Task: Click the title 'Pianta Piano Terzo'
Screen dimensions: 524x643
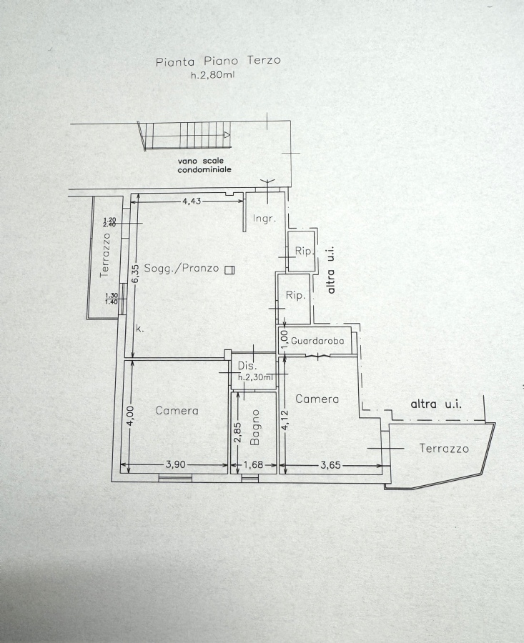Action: pyautogui.click(x=218, y=61)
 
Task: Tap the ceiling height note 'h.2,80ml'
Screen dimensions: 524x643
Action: pyautogui.click(x=212, y=75)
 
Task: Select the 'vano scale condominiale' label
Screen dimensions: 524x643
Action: pyautogui.click(x=204, y=165)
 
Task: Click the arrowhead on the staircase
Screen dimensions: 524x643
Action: pyautogui.click(x=227, y=135)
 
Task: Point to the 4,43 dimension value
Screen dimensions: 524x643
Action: pyautogui.click(x=192, y=201)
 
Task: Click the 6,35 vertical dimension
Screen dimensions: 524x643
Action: pyautogui.click(x=137, y=273)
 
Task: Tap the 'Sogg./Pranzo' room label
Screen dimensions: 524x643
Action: pyautogui.click(x=182, y=269)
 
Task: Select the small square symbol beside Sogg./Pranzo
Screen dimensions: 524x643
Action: pyautogui.click(x=229, y=269)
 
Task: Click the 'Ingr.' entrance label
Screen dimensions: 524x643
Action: pyautogui.click(x=265, y=218)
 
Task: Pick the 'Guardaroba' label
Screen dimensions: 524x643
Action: pyautogui.click(x=317, y=340)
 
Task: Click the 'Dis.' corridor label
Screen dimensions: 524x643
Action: pyautogui.click(x=247, y=366)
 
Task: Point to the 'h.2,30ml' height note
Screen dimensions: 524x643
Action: pyautogui.click(x=256, y=377)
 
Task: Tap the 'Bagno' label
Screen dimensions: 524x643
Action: pyautogui.click(x=254, y=427)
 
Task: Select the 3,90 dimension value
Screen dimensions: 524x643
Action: pyautogui.click(x=176, y=464)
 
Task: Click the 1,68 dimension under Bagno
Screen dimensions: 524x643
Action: pyautogui.click(x=254, y=464)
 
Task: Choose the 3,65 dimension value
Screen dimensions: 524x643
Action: pyautogui.click(x=330, y=464)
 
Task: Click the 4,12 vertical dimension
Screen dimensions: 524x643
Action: pyautogui.click(x=285, y=420)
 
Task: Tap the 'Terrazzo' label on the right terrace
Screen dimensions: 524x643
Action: pyautogui.click(x=444, y=448)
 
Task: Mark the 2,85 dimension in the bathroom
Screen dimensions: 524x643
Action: pyautogui.click(x=237, y=433)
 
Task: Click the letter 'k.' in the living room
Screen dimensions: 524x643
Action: pyautogui.click(x=140, y=329)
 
